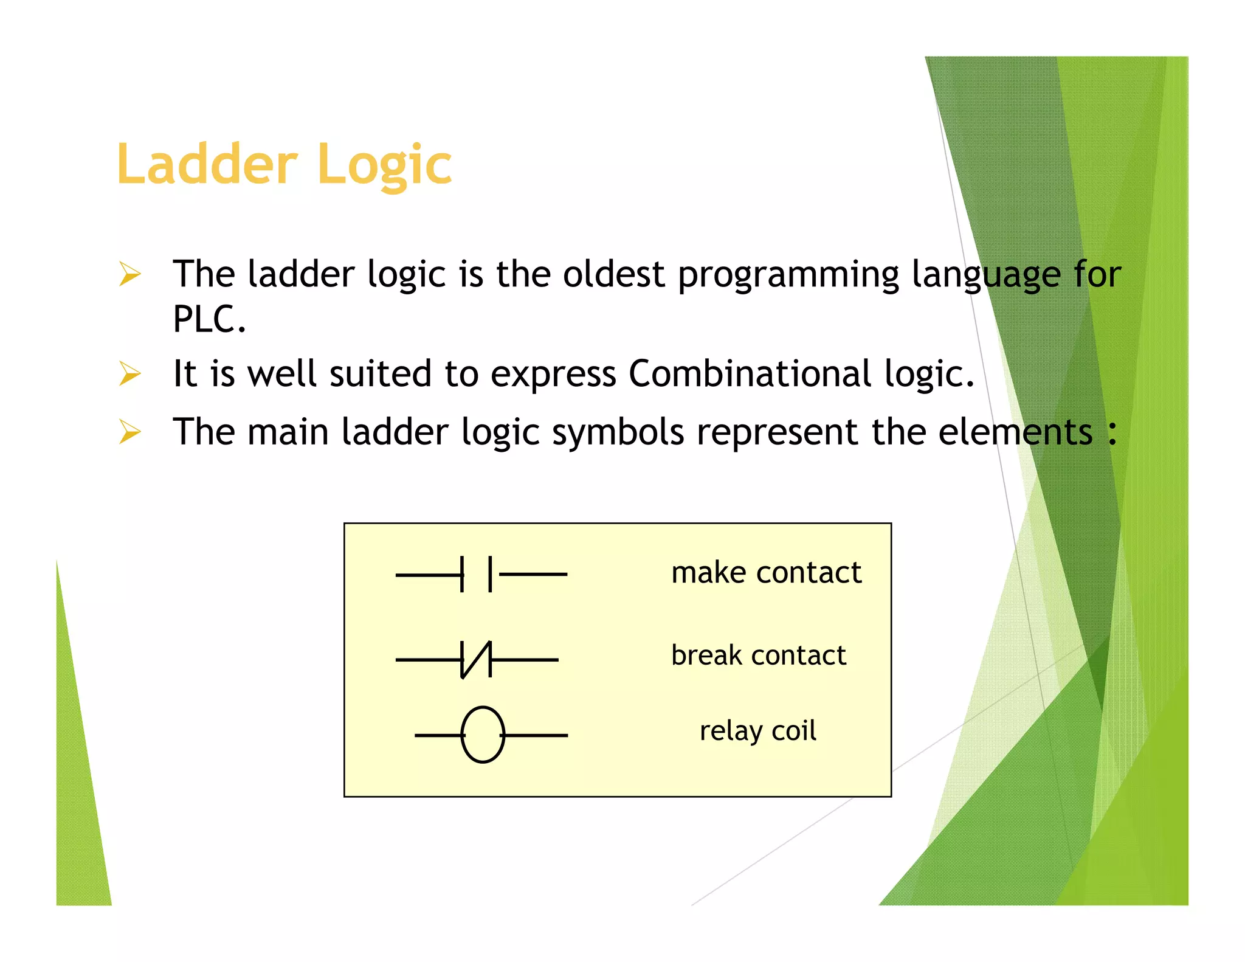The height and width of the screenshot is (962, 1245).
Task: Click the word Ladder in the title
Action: [x=207, y=164]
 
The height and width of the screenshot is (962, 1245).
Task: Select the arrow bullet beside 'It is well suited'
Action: [x=130, y=373]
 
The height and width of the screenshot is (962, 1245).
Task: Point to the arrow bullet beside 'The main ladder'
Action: [x=130, y=432]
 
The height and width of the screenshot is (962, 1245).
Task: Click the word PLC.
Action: [x=208, y=319]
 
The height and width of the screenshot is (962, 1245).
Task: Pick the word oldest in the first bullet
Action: [x=613, y=274]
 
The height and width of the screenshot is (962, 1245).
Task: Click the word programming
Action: [x=788, y=275]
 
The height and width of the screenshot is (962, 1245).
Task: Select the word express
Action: [x=553, y=375]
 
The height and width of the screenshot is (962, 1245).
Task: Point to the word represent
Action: [x=777, y=433]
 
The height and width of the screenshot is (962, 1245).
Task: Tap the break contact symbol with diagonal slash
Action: [x=477, y=659]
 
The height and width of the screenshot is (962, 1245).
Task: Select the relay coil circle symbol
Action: [x=483, y=735]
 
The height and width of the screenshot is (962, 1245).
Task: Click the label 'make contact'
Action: [x=766, y=573]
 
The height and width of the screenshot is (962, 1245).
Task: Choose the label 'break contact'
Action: [x=758, y=656]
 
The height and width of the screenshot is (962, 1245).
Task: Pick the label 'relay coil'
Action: [x=757, y=731]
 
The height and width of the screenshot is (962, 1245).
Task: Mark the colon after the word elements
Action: [x=1112, y=433]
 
